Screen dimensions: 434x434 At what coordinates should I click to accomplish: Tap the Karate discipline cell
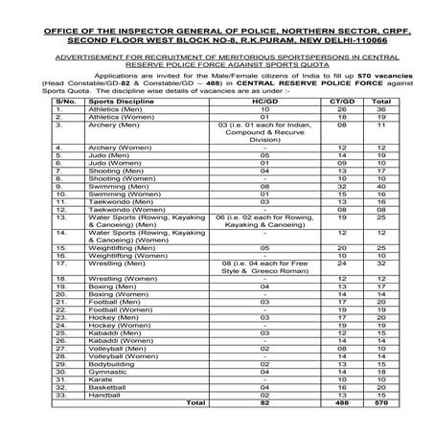click(99, 380)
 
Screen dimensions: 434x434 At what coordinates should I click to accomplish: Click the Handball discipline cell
click(103, 396)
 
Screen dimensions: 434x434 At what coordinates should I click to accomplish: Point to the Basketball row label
click(106, 388)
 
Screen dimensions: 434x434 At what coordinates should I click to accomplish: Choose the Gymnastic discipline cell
click(106, 373)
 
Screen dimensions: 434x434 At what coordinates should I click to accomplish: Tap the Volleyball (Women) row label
click(122, 357)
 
